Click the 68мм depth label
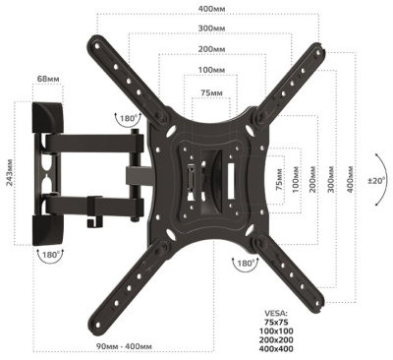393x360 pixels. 46,77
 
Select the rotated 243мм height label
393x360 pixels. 9,176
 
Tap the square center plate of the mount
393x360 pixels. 209,177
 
